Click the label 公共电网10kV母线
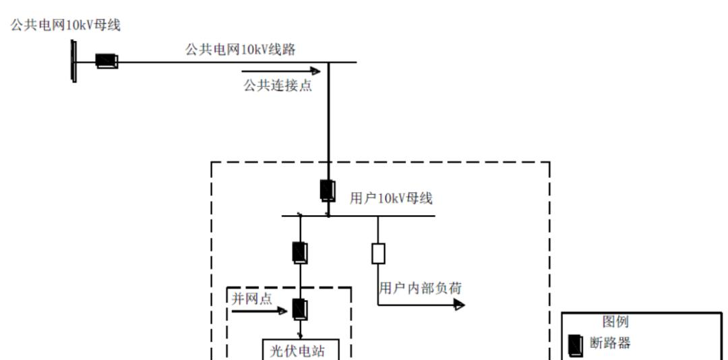coord(65,26)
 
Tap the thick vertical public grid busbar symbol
coord(74,61)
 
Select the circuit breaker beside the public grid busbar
coord(107,61)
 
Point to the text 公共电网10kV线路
coord(241,50)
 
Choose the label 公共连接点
coord(278,86)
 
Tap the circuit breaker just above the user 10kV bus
coord(328,191)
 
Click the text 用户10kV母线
coord(391,198)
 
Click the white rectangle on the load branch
coord(378,253)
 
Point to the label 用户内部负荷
coord(420,289)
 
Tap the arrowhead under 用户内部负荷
coord(459,305)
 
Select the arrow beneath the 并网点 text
coord(260,311)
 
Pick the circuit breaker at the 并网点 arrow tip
coord(300,309)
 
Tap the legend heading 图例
coord(615,322)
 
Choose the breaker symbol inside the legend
coord(576,345)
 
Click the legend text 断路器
coord(610,343)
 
